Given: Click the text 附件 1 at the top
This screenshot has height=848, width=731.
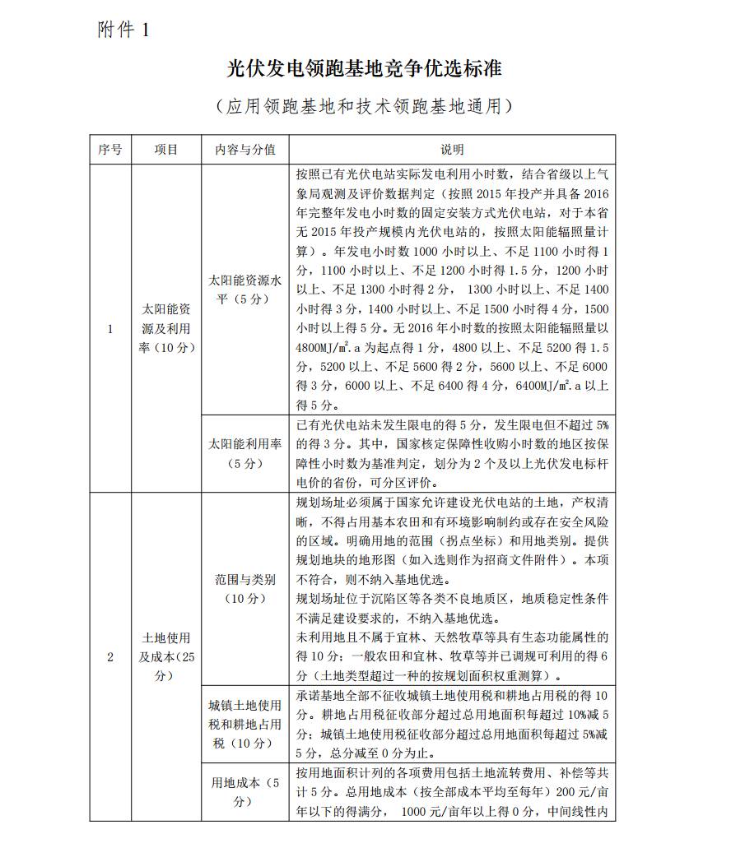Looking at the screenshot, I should (123, 30).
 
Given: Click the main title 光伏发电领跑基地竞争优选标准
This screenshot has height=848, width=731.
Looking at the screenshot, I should (365, 68).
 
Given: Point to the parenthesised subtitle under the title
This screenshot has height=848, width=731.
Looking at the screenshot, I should (365, 106).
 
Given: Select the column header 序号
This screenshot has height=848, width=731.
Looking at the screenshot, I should (110, 150).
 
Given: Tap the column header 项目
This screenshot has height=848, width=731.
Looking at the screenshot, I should (165, 150).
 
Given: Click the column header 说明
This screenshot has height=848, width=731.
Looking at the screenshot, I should (452, 150).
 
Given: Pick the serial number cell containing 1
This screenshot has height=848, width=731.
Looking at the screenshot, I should (110, 329).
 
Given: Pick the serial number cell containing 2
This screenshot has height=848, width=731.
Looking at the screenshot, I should (110, 656).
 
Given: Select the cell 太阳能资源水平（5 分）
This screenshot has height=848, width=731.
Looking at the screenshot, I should (245, 290).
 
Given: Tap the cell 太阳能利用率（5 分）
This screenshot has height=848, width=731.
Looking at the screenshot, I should (245, 453).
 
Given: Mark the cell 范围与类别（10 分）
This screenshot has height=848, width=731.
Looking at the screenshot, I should (245, 589).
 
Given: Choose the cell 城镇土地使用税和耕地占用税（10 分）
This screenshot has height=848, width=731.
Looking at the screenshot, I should (245, 724).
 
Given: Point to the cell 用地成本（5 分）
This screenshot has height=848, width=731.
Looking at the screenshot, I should (245, 792).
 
